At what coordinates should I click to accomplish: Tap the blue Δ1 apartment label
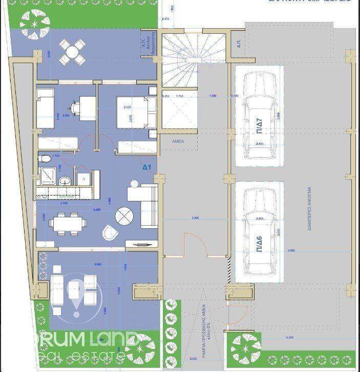click(147, 167)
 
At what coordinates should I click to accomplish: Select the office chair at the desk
click(76, 107)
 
